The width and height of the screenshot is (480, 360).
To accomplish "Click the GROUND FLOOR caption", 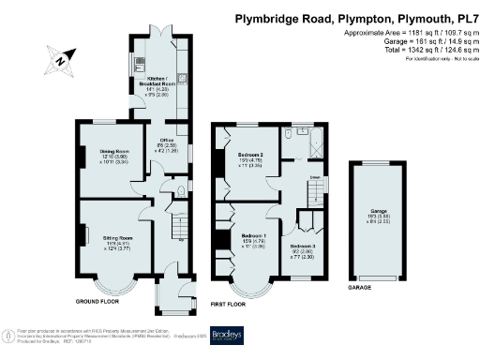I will [97, 302].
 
